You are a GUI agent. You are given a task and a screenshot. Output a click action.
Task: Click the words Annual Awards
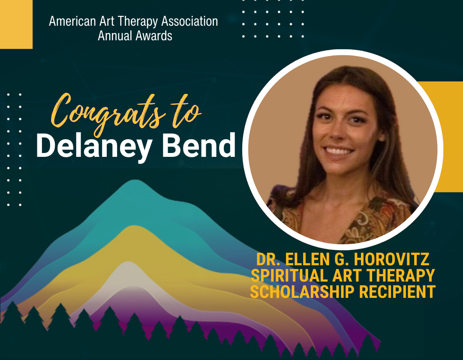(135, 35)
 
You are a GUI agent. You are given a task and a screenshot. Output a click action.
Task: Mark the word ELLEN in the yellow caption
(306, 260)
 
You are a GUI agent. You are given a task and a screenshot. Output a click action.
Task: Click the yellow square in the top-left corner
(16, 24)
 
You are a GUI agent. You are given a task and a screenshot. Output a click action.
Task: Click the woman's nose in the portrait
(339, 133)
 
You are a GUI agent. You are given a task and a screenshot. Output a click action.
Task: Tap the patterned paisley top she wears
(343, 219)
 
